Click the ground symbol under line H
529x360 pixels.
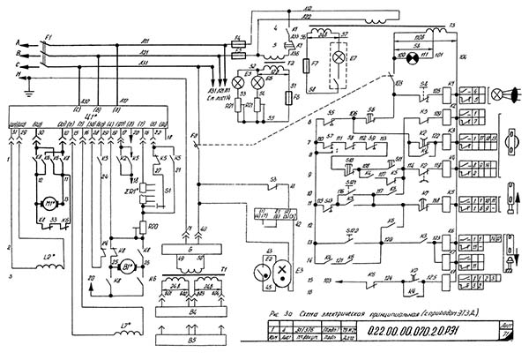tap(29, 87)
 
